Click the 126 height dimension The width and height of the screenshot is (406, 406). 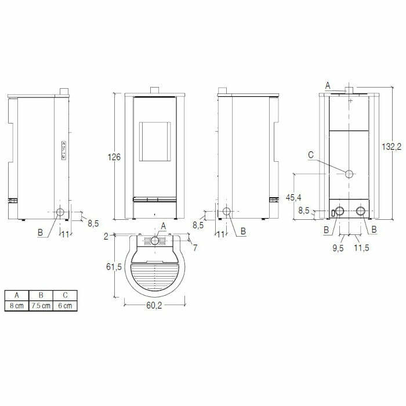pos(114,157)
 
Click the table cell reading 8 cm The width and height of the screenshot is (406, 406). pos(16,305)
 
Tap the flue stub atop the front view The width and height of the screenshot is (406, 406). pos(155,90)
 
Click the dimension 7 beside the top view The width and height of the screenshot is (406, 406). pos(195,248)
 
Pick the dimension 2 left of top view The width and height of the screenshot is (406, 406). pos(107,236)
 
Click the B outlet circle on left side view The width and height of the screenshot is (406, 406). pos(60,213)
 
